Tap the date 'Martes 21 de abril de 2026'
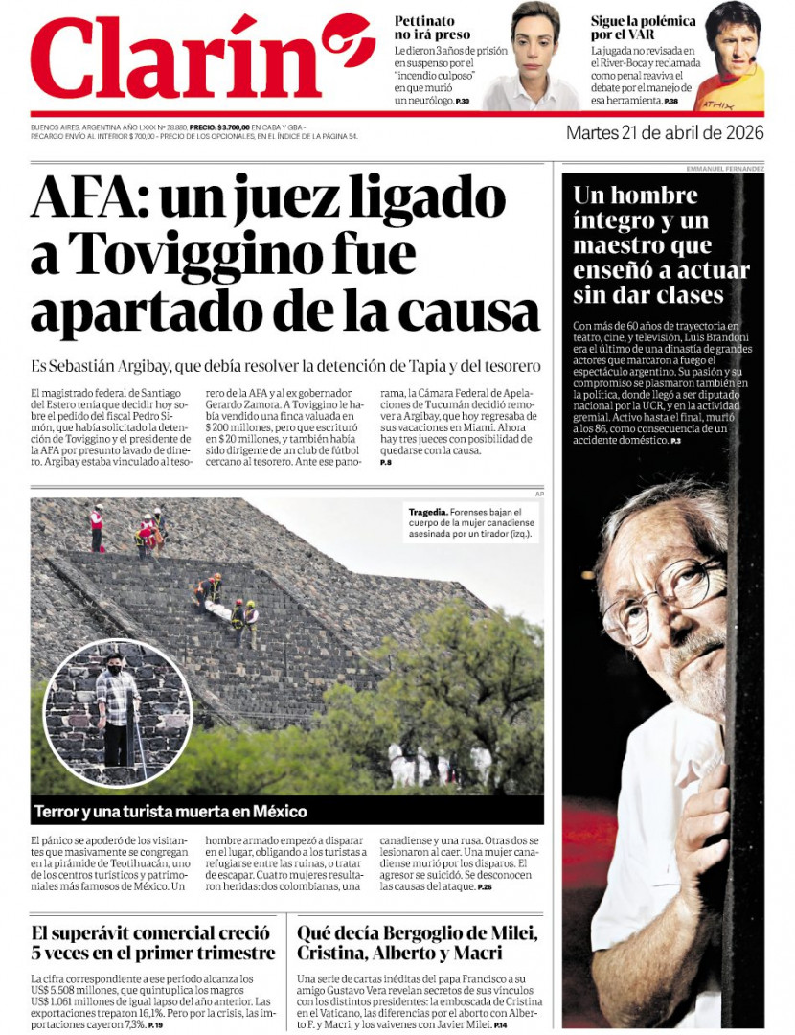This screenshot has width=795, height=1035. (x=665, y=132)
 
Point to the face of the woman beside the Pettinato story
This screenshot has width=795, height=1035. (x=534, y=43)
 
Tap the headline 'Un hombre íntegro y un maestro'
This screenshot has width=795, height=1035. (x=661, y=244)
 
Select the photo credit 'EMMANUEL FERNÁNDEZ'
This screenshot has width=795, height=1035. (x=725, y=169)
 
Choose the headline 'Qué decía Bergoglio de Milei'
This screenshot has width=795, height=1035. (x=418, y=943)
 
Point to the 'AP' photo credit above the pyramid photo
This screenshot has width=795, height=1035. (x=539, y=493)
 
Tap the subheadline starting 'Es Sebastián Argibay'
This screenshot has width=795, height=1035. (x=285, y=366)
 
